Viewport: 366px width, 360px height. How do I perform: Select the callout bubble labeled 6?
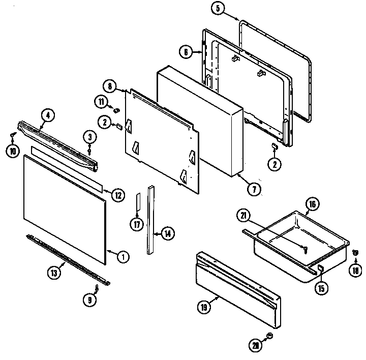coord(187,51)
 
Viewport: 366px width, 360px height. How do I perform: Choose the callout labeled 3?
coord(89,137)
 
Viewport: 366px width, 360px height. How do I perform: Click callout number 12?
coord(117,194)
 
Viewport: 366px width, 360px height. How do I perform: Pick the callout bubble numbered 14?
coord(167,234)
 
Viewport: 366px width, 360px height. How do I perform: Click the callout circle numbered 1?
coord(121,257)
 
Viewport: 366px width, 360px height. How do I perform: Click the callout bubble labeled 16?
coord(313,205)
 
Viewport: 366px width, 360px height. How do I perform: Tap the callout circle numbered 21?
coord(245,215)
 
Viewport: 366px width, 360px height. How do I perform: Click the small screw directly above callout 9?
coord(97,288)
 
